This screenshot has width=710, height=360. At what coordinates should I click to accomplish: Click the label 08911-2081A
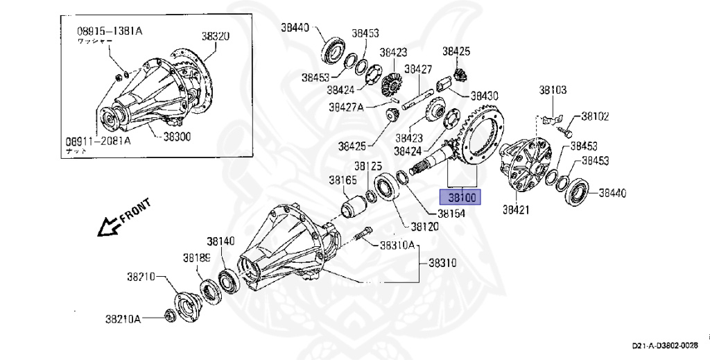click(x=98, y=141)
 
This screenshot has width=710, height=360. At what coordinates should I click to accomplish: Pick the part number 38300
click(x=177, y=137)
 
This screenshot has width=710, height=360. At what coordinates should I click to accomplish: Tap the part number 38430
click(x=485, y=96)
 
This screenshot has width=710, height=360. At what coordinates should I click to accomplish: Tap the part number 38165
click(x=343, y=180)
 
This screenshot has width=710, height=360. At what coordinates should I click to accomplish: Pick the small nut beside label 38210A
click(x=168, y=315)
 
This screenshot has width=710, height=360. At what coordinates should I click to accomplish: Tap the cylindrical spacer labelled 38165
click(x=354, y=206)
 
